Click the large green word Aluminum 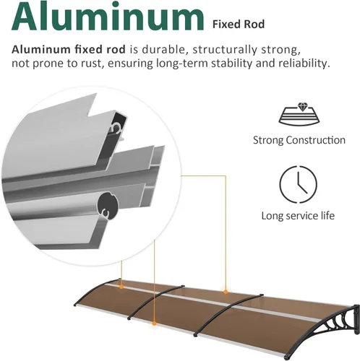click(108, 16)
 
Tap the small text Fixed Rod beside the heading click(239, 25)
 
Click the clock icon click(299, 184)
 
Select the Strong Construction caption click(299, 140)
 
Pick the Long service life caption click(298, 216)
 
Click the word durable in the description click(163, 49)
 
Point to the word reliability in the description click(304, 64)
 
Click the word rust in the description click(93, 64)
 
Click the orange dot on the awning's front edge click(154, 323)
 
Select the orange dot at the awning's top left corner click(121, 287)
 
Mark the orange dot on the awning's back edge click(226, 292)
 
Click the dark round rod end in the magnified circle click(108, 206)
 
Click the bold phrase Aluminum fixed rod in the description click(69, 49)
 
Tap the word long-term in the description click(182, 64)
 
